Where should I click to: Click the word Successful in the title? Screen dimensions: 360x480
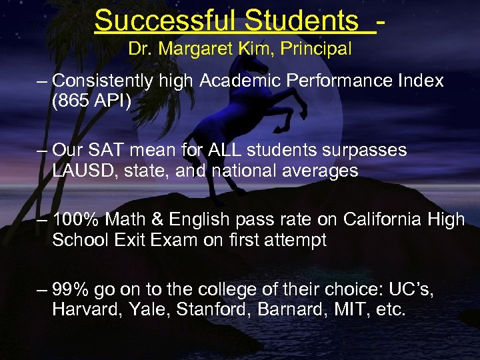[x=165, y=21]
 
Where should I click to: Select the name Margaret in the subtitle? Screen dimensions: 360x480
[x=193, y=49]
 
